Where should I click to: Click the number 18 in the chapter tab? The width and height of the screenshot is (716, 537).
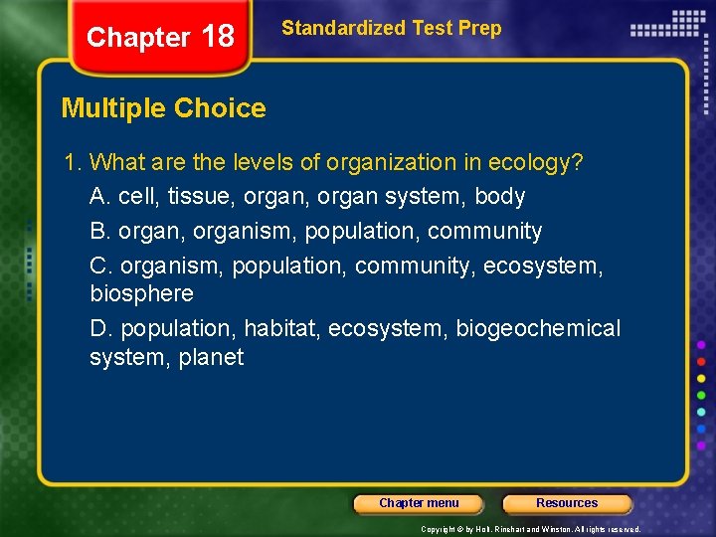click(x=218, y=37)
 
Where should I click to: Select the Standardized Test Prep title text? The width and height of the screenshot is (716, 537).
click(x=391, y=28)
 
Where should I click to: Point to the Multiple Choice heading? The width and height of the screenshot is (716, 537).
click(x=164, y=108)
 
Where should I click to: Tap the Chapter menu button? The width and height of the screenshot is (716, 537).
click(x=419, y=503)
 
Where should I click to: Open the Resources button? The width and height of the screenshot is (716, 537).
click(x=567, y=503)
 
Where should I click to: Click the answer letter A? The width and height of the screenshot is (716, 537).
click(x=97, y=196)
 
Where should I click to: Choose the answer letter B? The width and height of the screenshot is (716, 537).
click(x=97, y=232)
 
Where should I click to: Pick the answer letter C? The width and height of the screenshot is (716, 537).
click(x=97, y=266)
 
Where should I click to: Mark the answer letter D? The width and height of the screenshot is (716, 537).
click(x=97, y=328)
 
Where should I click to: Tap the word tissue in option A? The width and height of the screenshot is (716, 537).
click(x=199, y=196)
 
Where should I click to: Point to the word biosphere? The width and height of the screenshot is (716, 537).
click(x=141, y=294)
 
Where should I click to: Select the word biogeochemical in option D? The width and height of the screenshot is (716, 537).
click(x=538, y=328)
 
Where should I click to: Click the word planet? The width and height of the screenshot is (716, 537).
click(x=211, y=357)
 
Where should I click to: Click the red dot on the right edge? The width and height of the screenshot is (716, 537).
click(x=701, y=361)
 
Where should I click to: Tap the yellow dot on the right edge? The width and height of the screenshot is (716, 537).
click(x=701, y=378)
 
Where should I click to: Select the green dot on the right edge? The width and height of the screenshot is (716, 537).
click(x=701, y=395)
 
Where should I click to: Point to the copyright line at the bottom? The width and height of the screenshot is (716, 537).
click(x=530, y=530)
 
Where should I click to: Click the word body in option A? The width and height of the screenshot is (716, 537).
click(x=500, y=196)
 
